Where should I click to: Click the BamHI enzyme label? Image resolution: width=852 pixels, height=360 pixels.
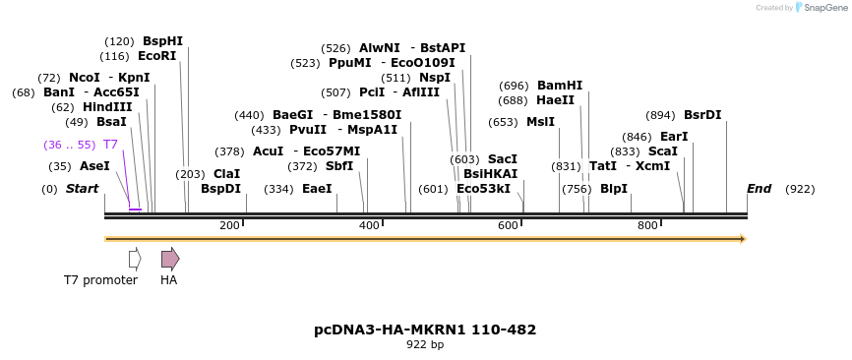(559, 86)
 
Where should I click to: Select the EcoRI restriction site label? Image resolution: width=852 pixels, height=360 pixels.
(156, 56)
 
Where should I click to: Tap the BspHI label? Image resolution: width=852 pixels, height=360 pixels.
(162, 41)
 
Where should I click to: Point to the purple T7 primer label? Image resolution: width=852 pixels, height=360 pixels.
(110, 145)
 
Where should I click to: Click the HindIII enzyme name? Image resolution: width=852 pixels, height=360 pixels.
(106, 107)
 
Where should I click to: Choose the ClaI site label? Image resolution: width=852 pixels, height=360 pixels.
(226, 174)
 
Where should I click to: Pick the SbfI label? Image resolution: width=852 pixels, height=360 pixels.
(339, 166)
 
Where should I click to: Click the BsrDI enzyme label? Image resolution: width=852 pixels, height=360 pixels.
(702, 115)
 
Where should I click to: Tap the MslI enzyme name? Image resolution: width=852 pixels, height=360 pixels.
(540, 122)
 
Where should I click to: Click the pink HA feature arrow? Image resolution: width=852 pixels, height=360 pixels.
(170, 259)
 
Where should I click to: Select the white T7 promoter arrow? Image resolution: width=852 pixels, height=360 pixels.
(135, 259)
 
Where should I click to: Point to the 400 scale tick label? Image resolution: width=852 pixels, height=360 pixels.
(369, 226)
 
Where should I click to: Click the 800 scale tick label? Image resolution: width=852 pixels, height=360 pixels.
(647, 226)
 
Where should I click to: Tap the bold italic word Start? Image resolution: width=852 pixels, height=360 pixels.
(83, 189)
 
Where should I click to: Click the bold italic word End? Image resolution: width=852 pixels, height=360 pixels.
(759, 189)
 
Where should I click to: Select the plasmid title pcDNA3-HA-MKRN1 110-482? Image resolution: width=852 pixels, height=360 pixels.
(425, 330)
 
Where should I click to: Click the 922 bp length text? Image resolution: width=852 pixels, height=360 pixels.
(425, 345)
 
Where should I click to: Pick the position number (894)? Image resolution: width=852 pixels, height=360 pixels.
(661, 115)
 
